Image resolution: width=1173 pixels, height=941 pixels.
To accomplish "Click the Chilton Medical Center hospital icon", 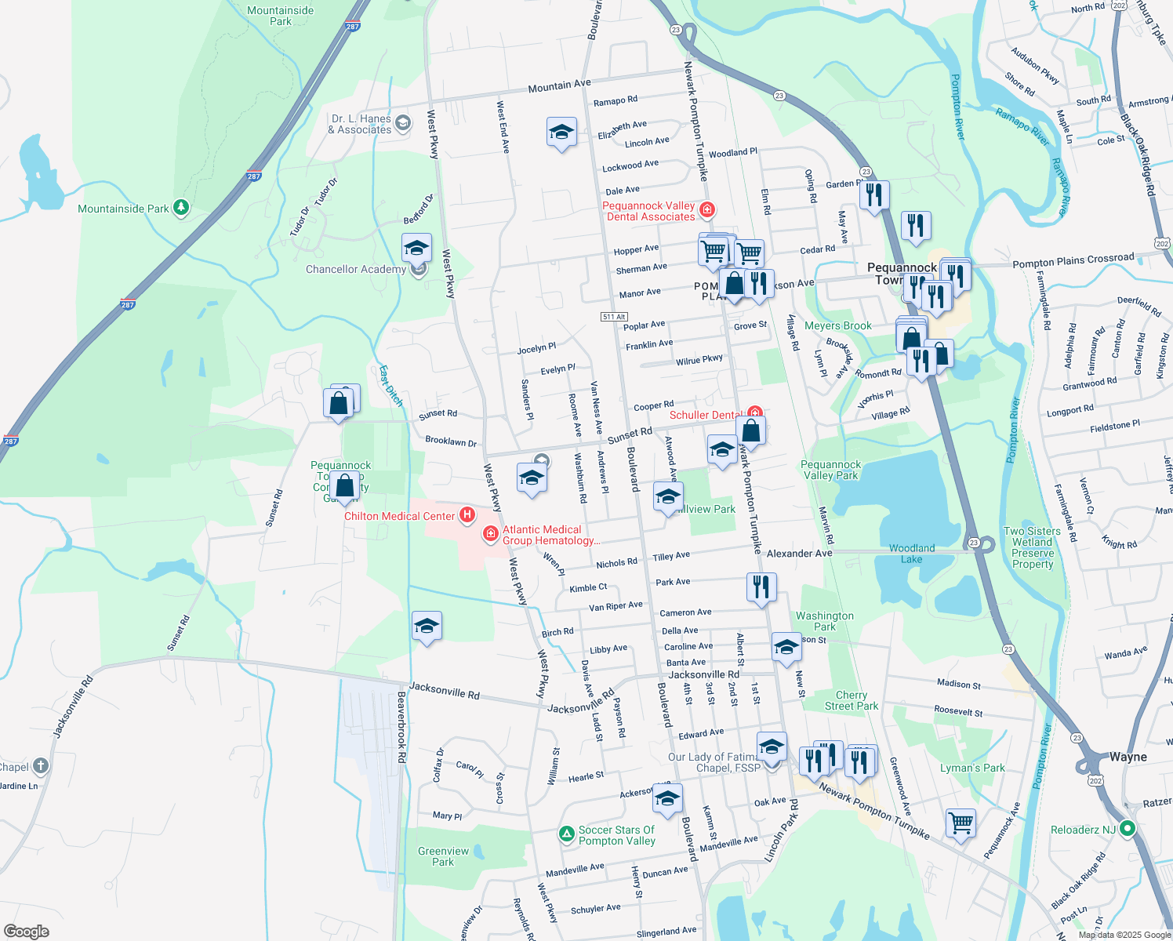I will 467,515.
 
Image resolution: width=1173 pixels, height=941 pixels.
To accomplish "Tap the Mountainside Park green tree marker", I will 181,208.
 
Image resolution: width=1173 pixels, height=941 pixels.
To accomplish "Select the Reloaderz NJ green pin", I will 1127,828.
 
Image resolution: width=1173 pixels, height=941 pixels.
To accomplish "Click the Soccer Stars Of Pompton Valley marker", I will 566,834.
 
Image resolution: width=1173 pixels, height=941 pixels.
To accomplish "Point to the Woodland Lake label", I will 911,554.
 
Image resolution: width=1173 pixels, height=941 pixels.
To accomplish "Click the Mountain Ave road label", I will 559,86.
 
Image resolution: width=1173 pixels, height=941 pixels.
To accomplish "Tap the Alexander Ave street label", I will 799,554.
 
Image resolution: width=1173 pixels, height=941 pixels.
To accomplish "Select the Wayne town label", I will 1128,757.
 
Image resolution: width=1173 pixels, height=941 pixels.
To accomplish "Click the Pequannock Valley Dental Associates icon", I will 707,209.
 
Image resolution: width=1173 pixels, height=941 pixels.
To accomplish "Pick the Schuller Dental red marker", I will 754,413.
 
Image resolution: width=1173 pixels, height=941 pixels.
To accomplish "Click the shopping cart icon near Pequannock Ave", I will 961,823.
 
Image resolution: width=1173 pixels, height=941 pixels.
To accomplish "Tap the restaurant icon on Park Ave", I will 761,587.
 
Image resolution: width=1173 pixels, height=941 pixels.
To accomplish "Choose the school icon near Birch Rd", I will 427,626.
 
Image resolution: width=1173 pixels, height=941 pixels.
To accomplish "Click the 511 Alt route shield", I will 614,317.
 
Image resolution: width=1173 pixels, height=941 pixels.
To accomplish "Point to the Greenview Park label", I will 443,856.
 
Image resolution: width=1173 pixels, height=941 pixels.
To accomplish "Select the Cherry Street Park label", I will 851,700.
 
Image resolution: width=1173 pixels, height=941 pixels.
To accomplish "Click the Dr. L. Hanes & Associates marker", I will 403,122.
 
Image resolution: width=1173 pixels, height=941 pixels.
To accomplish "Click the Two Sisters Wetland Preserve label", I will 1032,547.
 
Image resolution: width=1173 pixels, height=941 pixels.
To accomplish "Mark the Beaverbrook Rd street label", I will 401,727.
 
